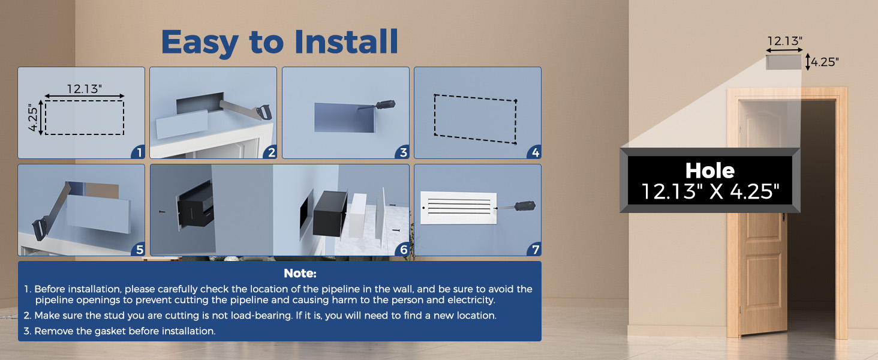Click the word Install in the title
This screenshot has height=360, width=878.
(x=346, y=41)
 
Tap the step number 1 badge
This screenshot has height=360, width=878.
(x=139, y=152)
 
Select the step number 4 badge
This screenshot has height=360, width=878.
(x=535, y=152)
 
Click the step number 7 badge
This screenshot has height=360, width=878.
(x=535, y=250)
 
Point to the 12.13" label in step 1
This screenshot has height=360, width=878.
(x=85, y=89)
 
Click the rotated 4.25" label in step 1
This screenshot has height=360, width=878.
(x=33, y=118)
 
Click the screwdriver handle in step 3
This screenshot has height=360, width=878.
(x=385, y=104)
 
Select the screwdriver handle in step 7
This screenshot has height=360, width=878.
(x=525, y=205)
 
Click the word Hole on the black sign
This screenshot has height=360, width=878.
(x=710, y=170)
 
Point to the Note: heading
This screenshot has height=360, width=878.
(x=300, y=274)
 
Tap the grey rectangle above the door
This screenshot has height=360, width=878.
(x=783, y=62)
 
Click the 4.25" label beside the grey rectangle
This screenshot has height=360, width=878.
(x=825, y=62)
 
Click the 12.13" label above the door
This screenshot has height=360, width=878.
(x=784, y=41)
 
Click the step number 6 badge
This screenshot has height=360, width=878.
(x=403, y=250)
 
